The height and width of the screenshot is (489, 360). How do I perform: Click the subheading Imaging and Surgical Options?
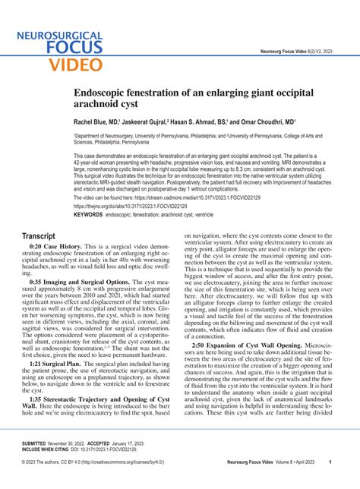(x=92, y=281)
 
